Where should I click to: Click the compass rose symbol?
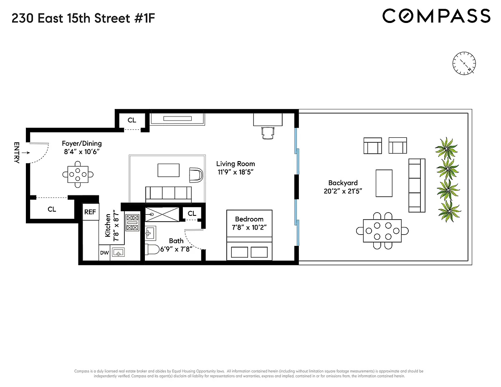464,63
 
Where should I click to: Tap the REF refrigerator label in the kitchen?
90,212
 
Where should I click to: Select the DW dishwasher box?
104,253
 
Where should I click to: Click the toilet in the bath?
152,249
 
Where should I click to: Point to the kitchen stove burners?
132,223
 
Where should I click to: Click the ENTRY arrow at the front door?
26,152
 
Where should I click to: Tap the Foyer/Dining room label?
81,143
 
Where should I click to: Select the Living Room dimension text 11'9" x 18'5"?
235,172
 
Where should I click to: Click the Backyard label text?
343,183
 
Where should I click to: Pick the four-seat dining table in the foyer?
78,175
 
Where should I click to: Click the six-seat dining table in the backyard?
382,230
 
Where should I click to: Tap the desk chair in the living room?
268,133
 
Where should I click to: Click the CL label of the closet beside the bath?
192,213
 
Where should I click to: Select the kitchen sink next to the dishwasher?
118,252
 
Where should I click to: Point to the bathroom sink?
150,233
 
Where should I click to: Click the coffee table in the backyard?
384,183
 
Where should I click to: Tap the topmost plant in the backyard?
446,148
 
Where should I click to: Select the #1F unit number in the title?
144,18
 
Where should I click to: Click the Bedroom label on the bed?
249,219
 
